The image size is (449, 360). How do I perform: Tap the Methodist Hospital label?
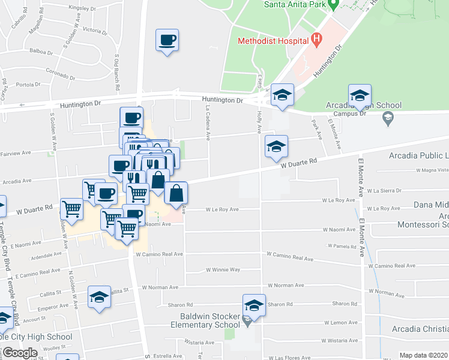click(273, 42)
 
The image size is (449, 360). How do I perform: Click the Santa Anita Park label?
click(295, 4)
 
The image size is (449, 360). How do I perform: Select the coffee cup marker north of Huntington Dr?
click(167, 41)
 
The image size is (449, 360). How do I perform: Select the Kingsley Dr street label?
click(82, 8)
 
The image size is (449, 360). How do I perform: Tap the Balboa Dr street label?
click(42, 52)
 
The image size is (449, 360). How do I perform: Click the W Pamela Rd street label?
click(343, 246)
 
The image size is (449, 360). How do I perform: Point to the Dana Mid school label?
click(431, 205)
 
